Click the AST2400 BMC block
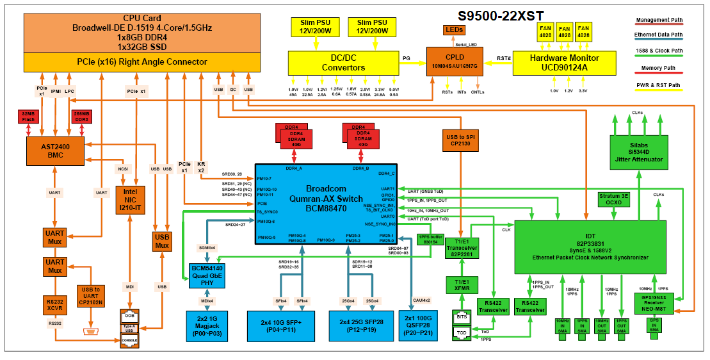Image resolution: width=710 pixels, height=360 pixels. [x=56, y=150]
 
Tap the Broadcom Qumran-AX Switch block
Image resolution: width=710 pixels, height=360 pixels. [x=326, y=199]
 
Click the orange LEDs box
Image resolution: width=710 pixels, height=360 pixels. [x=455, y=30]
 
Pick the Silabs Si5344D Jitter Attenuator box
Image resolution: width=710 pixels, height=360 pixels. [x=638, y=152]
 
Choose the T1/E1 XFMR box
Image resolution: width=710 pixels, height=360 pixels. [x=463, y=284]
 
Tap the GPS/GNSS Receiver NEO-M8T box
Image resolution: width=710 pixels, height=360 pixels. [x=655, y=301]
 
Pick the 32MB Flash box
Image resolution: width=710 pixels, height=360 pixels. [x=28, y=116]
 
